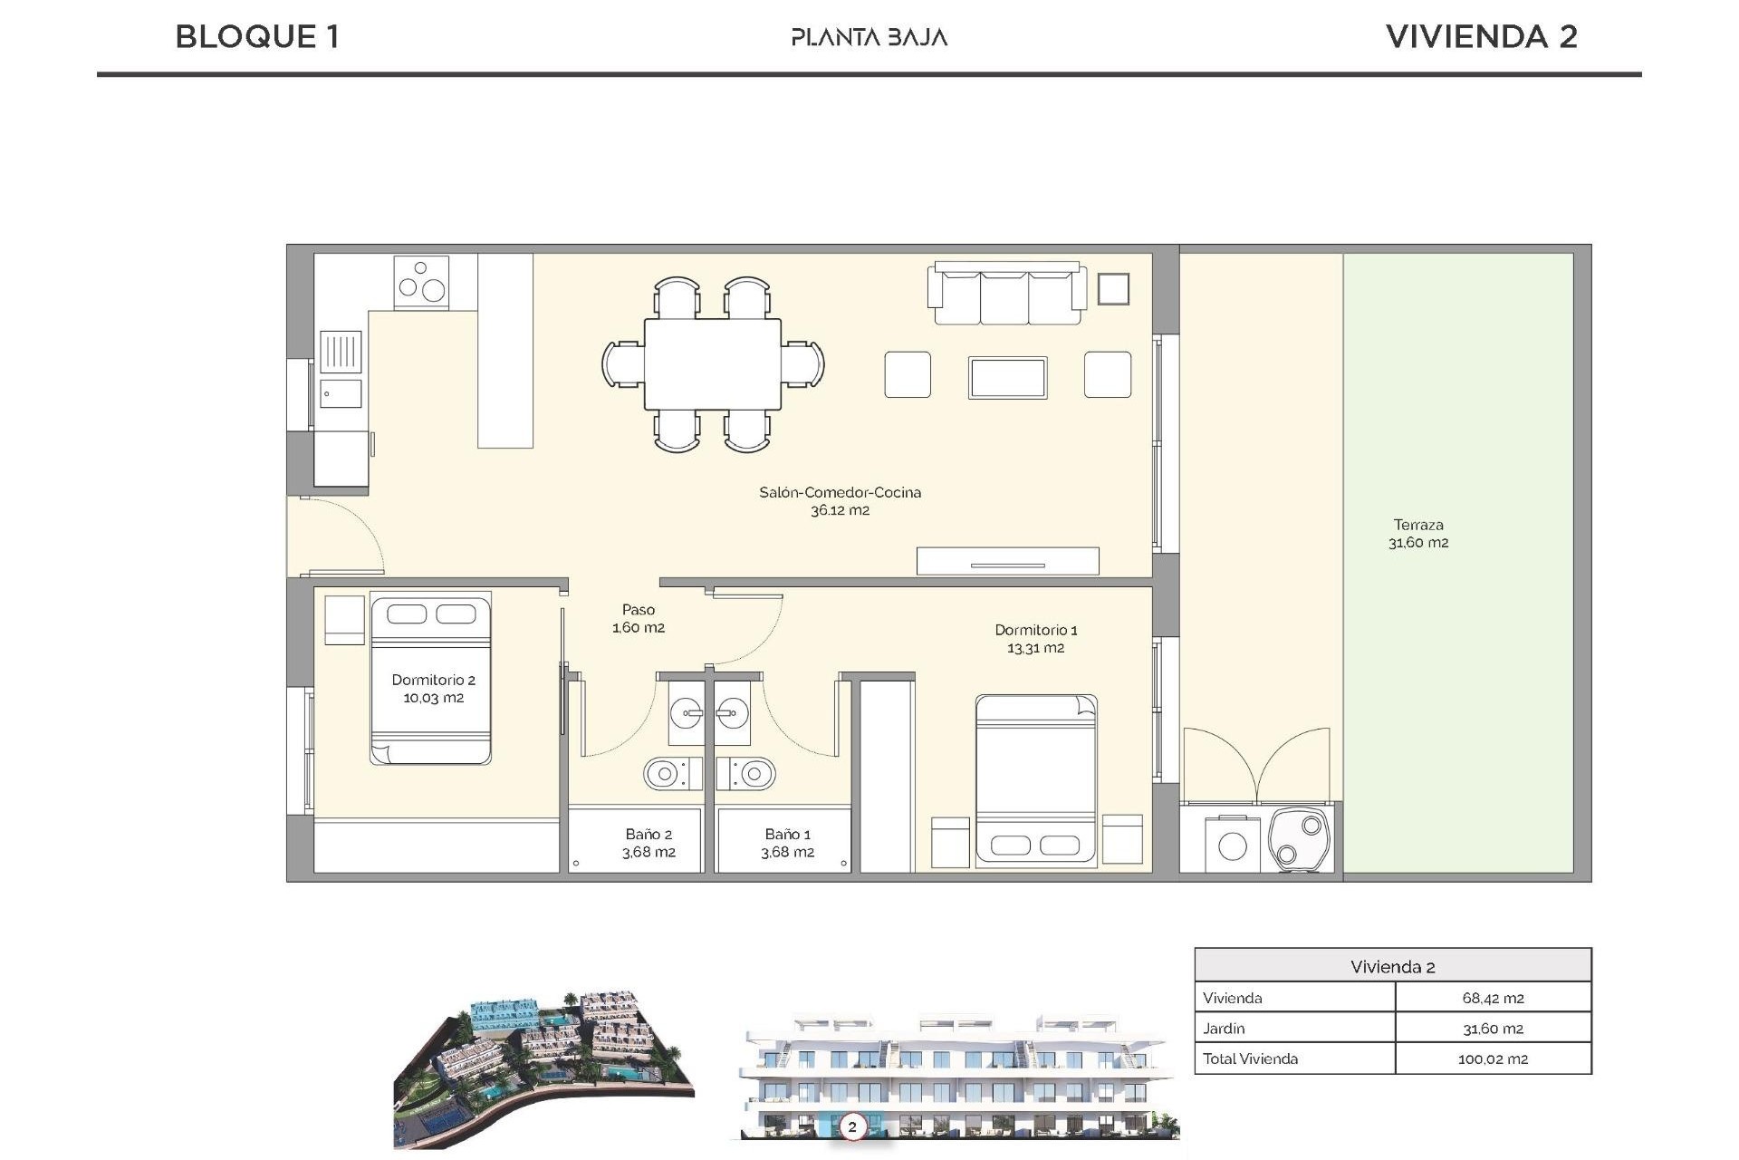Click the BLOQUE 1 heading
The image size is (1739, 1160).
[257, 37]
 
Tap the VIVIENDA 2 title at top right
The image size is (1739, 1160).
[1481, 37]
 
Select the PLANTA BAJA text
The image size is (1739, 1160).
[869, 37]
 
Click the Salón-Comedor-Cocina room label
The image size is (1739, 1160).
[840, 501]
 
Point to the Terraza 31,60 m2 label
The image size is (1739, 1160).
[1418, 534]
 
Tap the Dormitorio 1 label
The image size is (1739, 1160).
[1035, 638]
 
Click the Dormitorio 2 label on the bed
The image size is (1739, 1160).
[433, 689]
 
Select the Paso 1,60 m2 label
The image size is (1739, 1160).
[639, 618]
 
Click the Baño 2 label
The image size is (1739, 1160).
[649, 843]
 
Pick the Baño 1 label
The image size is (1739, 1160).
[787, 843]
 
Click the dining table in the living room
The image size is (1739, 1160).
[713, 363]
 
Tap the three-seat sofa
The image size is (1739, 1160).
[1006, 295]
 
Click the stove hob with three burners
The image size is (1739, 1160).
[421, 281]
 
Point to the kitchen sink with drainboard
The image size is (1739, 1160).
[341, 367]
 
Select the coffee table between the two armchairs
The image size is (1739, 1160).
[1007, 378]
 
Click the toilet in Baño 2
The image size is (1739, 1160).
[671, 774]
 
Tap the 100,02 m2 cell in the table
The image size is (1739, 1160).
[1493, 1058]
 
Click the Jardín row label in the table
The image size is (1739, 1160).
[1224, 1029]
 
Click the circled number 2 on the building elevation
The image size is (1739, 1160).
[851, 1127]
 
